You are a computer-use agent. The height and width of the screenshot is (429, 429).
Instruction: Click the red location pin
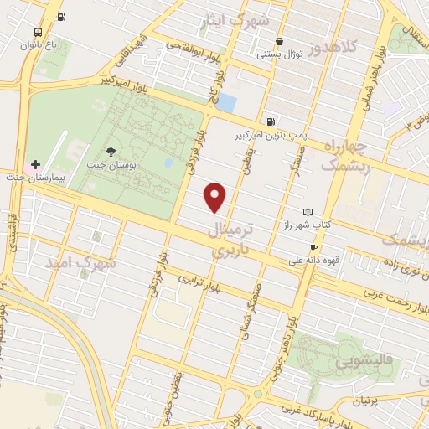pyautogui.click(x=216, y=196)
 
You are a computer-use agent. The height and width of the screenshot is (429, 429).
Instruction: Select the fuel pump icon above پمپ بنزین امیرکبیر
pyautogui.click(x=270, y=121)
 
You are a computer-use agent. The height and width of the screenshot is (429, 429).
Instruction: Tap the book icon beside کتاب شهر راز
pyautogui.click(x=308, y=212)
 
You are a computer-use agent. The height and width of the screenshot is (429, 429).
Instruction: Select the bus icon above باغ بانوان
pyautogui.click(x=63, y=17)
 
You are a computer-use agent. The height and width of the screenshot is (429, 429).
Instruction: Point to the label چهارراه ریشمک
pyautogui.click(x=346, y=157)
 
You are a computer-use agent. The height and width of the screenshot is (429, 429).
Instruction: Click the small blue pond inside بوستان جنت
pyautogui.click(x=168, y=162)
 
